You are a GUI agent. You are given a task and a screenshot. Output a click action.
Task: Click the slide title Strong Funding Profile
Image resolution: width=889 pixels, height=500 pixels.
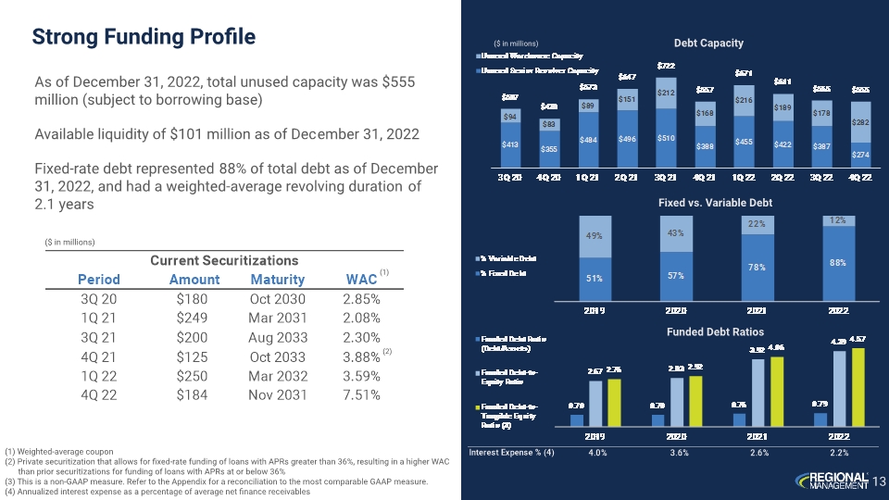tap(144, 37)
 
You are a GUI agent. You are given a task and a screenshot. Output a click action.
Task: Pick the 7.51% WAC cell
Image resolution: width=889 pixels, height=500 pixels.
tap(361, 395)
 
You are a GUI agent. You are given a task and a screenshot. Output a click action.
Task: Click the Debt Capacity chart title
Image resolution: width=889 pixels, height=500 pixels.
tap(707, 43)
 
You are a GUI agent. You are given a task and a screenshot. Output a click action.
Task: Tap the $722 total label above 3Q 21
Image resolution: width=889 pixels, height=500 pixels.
tap(666, 66)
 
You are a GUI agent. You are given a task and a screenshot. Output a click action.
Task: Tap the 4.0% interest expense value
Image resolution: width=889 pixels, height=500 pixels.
tap(597, 453)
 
